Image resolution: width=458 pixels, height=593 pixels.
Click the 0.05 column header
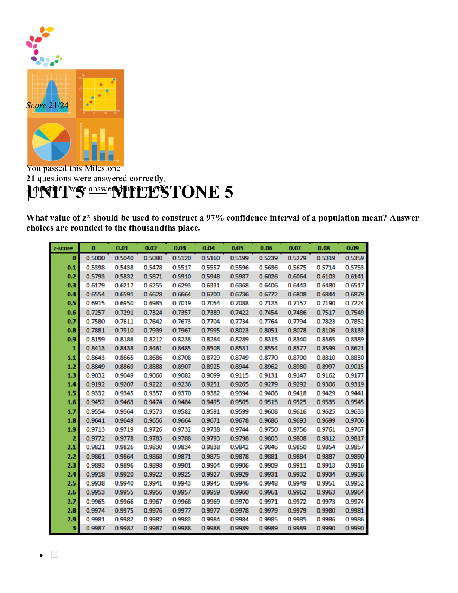click(237, 248)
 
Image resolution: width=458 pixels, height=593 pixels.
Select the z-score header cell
click(63, 248)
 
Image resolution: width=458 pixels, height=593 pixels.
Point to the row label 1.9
click(71, 429)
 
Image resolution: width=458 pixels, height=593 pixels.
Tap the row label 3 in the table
click(74, 528)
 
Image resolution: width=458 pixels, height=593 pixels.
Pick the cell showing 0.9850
click(297, 447)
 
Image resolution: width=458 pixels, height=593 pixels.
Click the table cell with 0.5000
click(95, 258)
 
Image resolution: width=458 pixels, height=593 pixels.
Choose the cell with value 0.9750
click(268, 429)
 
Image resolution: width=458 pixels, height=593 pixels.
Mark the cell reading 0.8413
click(95, 348)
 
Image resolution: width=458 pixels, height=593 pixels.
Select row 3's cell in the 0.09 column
click(355, 528)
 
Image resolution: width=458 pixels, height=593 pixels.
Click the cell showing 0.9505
click(239, 402)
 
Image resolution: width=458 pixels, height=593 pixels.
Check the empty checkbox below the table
click(55, 554)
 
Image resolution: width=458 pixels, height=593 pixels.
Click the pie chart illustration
click(52, 142)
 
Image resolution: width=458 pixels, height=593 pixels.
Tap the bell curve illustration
click(52, 94)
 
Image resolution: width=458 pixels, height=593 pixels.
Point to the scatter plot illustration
click(100, 94)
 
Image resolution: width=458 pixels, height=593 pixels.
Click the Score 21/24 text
click(48, 106)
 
